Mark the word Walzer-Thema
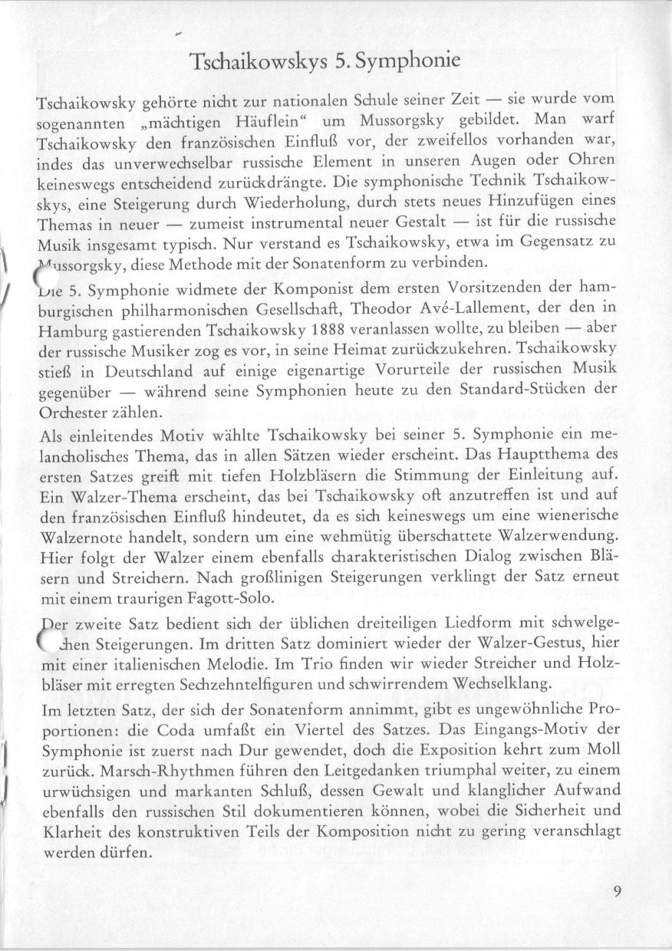click(107, 497)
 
